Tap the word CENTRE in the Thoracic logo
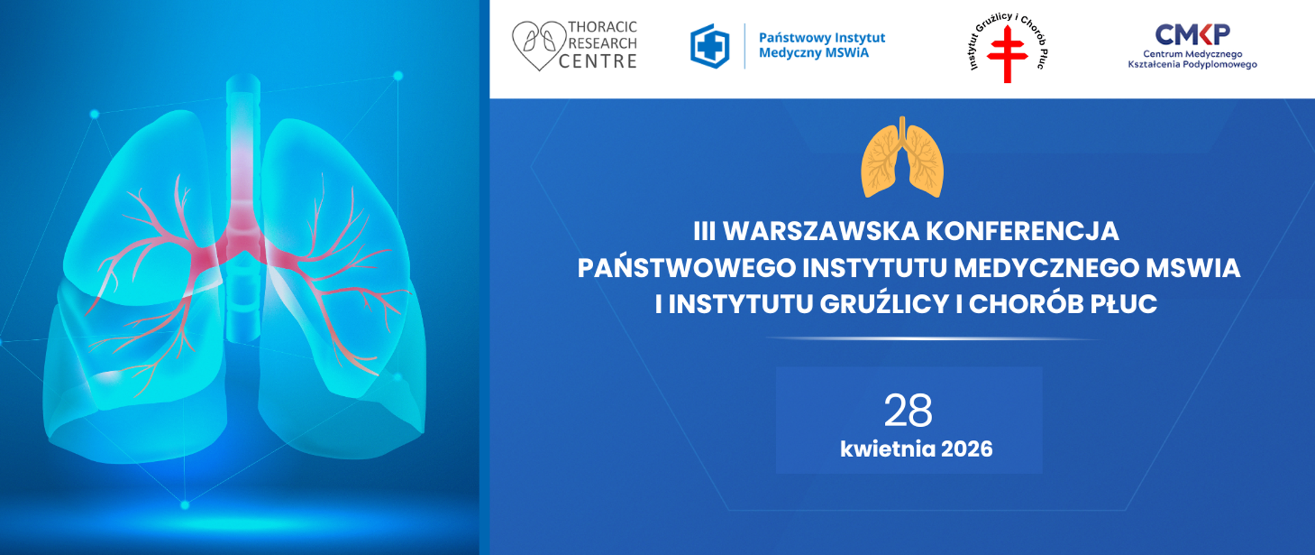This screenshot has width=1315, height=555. click(598, 62)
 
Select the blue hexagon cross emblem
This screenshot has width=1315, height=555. click(710, 46)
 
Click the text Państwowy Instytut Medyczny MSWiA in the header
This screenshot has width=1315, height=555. click(821, 45)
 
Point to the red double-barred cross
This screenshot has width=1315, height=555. click(1007, 54)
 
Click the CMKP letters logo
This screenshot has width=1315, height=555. click(1192, 34)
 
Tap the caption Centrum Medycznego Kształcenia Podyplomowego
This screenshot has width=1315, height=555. click(1192, 60)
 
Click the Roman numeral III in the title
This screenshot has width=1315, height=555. click(704, 232)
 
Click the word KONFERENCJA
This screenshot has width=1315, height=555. click(1022, 232)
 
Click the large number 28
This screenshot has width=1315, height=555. click(908, 411)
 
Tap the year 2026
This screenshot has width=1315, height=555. click(967, 449)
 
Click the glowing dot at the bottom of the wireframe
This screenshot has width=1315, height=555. click(185, 505)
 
